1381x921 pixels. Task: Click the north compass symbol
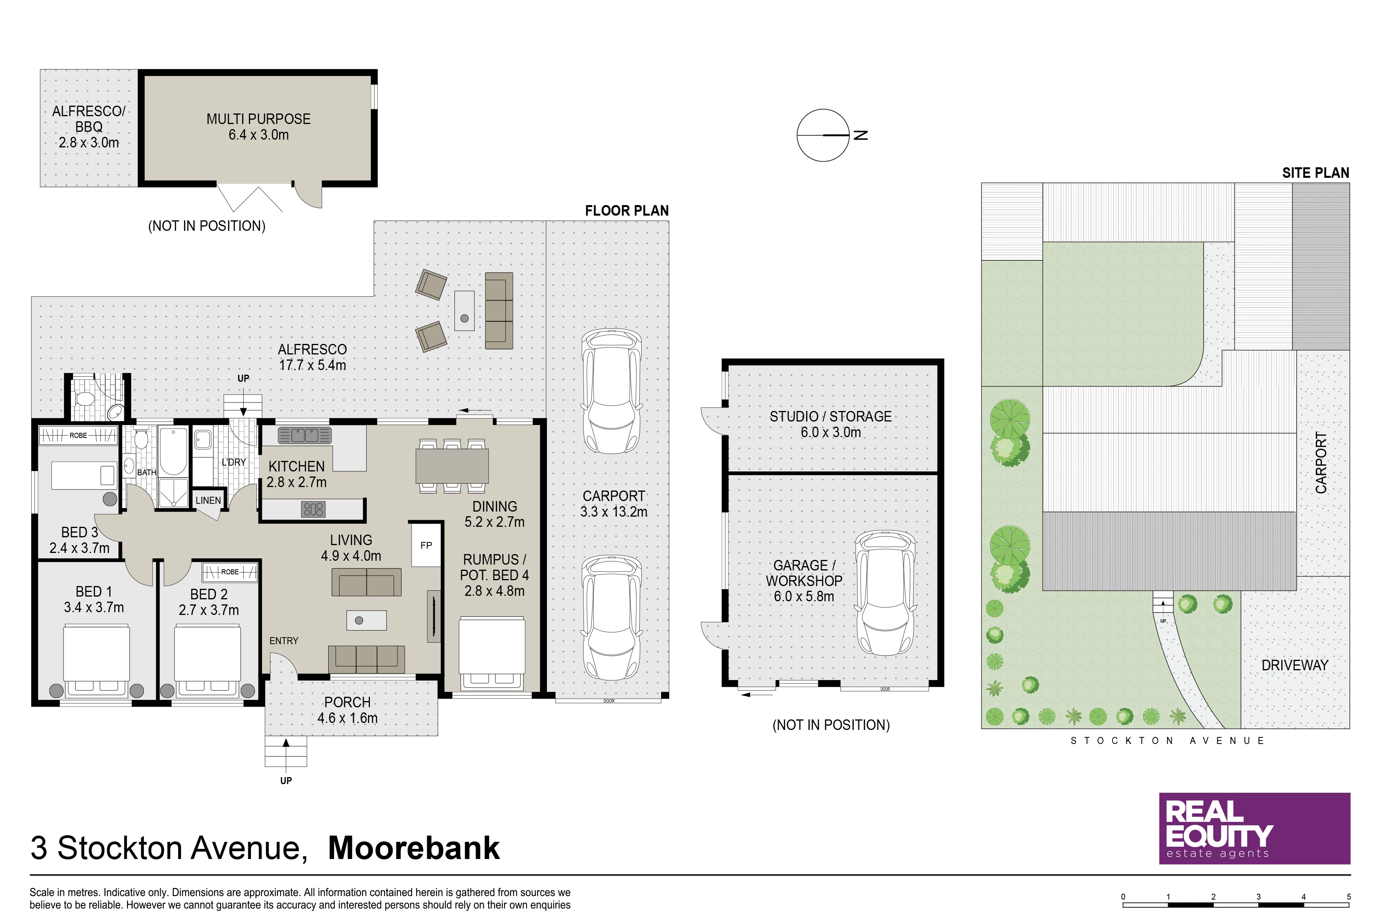pyautogui.click(x=823, y=135)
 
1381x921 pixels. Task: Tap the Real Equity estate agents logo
pyautogui.click(x=1254, y=828)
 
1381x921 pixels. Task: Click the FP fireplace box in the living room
pyautogui.click(x=426, y=545)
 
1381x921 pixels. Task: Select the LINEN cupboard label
pyautogui.click(x=209, y=500)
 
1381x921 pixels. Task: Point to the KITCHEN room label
pyautogui.click(x=297, y=466)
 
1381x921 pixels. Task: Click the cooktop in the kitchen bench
pyautogui.click(x=313, y=509)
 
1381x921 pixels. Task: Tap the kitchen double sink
pyautogui.click(x=305, y=435)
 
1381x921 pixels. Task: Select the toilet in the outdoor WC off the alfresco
pyautogui.click(x=86, y=399)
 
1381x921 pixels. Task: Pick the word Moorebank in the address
pyautogui.click(x=414, y=848)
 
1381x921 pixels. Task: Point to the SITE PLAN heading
pyautogui.click(x=1315, y=173)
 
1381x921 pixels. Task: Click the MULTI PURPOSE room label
pyautogui.click(x=258, y=119)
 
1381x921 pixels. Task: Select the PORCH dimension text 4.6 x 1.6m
pyautogui.click(x=348, y=718)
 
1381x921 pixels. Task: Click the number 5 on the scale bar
pyautogui.click(x=1349, y=897)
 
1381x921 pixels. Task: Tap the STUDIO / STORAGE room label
pyautogui.click(x=831, y=416)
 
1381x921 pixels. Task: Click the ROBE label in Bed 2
pyautogui.click(x=230, y=572)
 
